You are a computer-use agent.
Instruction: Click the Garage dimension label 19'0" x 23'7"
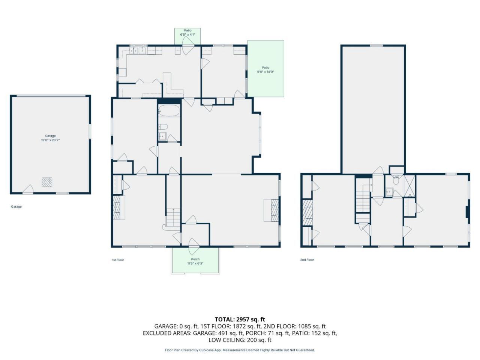click(50, 140)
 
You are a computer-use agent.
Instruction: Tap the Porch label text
click(195, 259)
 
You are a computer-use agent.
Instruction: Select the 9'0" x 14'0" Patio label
click(266, 72)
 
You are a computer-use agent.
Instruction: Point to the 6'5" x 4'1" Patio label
click(187, 34)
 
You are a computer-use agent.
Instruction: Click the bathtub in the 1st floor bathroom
click(169, 110)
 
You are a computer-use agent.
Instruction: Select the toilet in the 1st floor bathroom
click(163, 126)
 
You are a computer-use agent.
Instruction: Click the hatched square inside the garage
click(47, 182)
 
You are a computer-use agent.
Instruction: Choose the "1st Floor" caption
click(118, 260)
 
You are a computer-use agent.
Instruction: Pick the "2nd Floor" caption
click(307, 259)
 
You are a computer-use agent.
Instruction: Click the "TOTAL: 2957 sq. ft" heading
click(240, 319)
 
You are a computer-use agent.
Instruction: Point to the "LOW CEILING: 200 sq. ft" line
click(240, 340)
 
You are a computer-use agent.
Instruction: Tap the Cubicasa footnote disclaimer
click(240, 350)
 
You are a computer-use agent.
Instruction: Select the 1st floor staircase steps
click(173, 217)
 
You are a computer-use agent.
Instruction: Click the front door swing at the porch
click(193, 246)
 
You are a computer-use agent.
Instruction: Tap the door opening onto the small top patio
click(188, 45)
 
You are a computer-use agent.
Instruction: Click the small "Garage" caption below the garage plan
click(16, 207)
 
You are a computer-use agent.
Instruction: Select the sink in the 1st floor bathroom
click(162, 136)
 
